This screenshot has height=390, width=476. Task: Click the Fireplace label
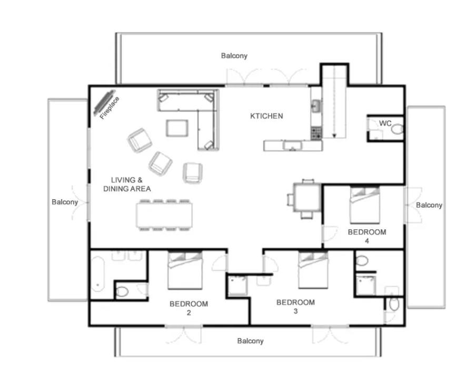110,108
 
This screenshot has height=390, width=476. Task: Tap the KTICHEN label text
266,116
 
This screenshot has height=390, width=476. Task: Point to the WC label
385,124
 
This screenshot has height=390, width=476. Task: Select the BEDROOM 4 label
367,237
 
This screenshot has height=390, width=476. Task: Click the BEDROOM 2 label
189,308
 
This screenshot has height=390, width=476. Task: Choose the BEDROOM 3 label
295,306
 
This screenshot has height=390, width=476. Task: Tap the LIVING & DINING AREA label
127,184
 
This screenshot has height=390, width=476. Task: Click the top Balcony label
234,56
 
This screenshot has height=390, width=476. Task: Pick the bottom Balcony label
250,341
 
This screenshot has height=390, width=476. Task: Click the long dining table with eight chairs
164,215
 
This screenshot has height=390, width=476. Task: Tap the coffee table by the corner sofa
177,128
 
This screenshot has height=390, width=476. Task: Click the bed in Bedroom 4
364,205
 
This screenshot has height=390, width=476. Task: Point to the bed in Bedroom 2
185,270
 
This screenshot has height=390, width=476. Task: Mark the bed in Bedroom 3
313,270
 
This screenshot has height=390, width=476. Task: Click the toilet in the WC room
397,130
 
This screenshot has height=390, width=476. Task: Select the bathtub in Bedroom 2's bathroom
98,274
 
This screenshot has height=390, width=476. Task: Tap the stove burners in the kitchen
316,134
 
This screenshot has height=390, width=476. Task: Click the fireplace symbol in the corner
104,100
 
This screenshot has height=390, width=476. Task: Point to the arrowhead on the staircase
334,136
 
